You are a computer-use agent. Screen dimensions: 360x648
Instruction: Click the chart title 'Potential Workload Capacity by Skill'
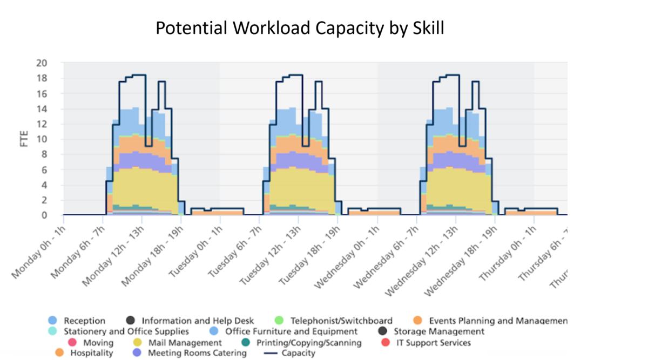click(300, 28)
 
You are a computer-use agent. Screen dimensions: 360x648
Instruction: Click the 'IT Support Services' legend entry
click(431, 343)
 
